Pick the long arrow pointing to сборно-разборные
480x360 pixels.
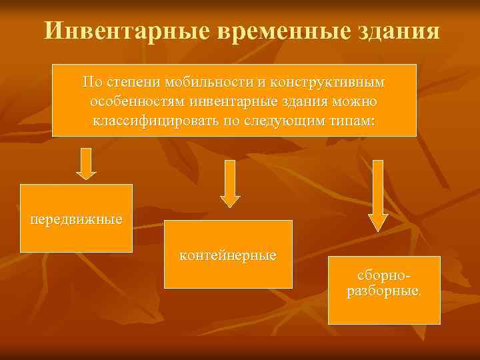tap(378, 195)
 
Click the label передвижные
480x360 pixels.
tap(76, 219)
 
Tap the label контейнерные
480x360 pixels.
tap(228, 255)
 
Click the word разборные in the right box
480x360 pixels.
tap(383, 291)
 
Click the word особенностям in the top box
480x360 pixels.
tap(137, 103)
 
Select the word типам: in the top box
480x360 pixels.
tap(352, 122)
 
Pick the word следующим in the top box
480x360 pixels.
tap(289, 122)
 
